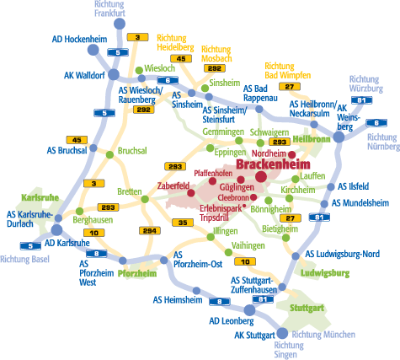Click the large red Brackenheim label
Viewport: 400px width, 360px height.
click(273, 164)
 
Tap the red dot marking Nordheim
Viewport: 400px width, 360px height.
click(292, 154)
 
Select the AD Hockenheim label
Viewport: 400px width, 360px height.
click(79, 39)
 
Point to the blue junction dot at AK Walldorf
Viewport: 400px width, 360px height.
click(114, 75)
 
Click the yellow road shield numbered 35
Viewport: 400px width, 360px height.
click(183, 223)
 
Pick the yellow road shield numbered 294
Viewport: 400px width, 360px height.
click(150, 231)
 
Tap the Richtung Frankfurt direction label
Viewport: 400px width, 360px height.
click(109, 8)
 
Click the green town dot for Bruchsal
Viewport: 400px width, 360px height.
click(109, 154)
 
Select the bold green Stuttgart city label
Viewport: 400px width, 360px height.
click(307, 308)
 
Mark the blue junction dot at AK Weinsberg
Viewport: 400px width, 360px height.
click(339, 137)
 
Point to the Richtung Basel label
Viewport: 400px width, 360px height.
click(24, 259)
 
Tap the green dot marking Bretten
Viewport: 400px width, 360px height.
click(145, 199)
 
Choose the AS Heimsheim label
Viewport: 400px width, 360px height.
click(178, 300)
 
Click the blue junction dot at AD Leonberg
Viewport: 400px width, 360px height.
click(249, 310)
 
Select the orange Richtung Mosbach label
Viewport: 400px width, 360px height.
click(216, 54)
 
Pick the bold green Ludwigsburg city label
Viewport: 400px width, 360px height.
click(325, 273)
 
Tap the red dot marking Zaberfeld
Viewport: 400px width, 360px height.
click(191, 193)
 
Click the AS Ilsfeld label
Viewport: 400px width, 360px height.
click(353, 186)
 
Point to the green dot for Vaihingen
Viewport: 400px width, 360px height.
click(228, 252)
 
